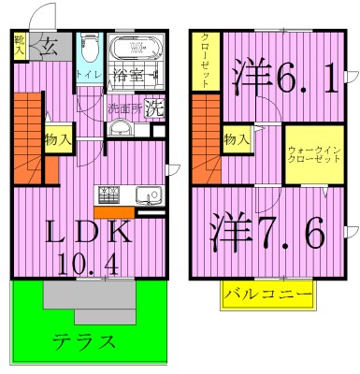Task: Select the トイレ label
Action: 90,74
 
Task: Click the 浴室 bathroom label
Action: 131,73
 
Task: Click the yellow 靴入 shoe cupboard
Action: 20,47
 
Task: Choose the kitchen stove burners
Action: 107,195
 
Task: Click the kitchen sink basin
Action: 148,196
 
